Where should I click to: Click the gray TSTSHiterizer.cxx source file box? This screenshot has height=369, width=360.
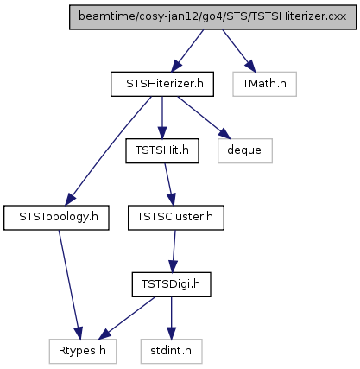point(212,17)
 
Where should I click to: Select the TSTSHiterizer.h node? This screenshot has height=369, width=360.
point(162,84)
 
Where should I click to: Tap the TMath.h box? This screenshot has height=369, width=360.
point(264,84)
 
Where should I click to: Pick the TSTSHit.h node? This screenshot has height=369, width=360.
point(162,150)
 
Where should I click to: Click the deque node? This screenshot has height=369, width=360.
point(245,150)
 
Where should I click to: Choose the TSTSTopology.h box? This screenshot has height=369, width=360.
point(56,218)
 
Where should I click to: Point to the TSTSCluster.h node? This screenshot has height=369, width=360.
point(176,218)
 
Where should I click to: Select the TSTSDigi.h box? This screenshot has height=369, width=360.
point(171,284)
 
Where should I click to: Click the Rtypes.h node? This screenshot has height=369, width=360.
point(83,351)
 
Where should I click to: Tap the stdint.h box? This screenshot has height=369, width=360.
point(171,351)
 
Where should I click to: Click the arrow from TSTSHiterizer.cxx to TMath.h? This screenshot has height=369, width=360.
point(238,50)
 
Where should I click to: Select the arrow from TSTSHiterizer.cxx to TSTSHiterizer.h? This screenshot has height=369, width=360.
point(187,50)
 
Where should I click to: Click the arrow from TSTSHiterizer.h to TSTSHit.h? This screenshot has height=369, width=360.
point(162,118)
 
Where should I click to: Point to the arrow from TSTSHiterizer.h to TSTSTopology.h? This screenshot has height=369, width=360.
point(109,151)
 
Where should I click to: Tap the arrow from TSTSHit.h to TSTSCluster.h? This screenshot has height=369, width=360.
point(169,184)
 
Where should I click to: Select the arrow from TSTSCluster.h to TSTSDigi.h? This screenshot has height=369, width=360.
point(174,251)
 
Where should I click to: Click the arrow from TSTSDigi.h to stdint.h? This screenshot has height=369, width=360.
point(172,318)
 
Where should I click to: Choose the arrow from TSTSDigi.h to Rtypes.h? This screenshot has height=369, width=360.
point(128,317)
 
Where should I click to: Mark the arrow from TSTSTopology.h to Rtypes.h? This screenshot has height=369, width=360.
point(70,284)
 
